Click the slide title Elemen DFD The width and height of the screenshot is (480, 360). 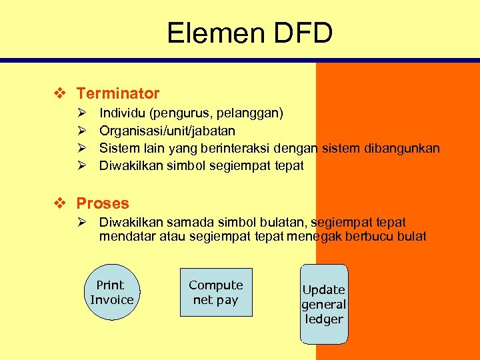[x=249, y=33]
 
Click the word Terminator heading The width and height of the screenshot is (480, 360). [x=118, y=93]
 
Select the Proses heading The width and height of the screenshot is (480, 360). [x=103, y=203]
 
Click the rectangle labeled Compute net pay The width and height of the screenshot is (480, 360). [x=215, y=292]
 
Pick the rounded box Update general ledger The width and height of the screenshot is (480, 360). [x=324, y=304]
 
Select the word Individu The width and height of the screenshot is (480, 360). [x=122, y=113]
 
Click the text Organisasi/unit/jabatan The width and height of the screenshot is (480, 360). [x=167, y=131]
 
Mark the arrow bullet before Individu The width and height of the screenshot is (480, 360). [x=81, y=113]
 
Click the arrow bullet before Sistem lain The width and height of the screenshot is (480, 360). [x=81, y=148]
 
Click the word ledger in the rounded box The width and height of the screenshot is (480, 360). [x=324, y=319]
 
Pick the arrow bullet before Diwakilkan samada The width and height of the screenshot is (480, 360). [x=81, y=222]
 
